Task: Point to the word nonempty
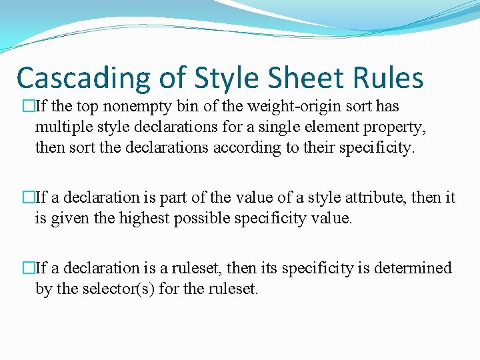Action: (129, 107)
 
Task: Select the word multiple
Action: (61, 127)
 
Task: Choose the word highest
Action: (145, 217)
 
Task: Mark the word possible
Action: (201, 217)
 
